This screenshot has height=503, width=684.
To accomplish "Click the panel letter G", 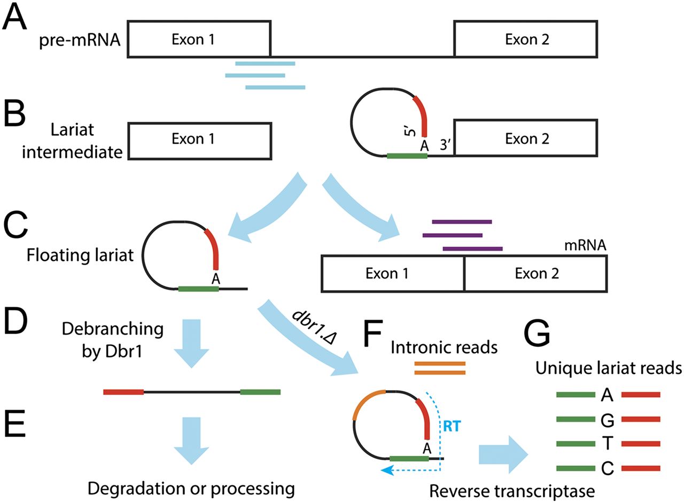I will click(x=537, y=336).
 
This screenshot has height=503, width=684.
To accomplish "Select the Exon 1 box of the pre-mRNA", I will click(x=199, y=39).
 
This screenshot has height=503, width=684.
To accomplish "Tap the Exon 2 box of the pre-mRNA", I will click(x=526, y=39).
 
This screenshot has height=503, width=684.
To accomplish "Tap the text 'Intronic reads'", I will click(x=445, y=347).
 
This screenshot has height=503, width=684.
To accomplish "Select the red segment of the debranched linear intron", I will click(x=123, y=392).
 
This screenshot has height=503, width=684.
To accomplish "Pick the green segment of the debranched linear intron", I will click(x=260, y=392).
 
